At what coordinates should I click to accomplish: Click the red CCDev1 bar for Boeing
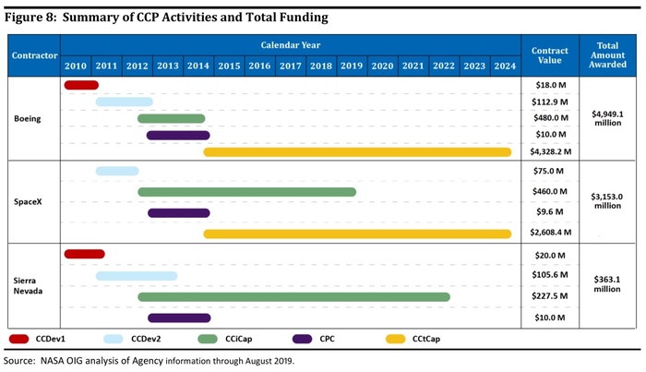(x=81, y=85)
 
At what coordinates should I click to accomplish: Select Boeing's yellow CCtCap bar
(x=357, y=152)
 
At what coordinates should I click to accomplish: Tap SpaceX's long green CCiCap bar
(x=247, y=192)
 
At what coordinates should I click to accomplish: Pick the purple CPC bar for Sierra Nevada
(x=179, y=318)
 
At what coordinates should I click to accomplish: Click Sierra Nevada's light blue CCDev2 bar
(x=137, y=275)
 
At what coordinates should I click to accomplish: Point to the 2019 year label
(x=351, y=66)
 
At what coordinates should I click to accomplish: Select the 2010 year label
(x=77, y=66)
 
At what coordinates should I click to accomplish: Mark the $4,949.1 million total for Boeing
(x=608, y=118)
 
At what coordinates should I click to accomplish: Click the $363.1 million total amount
(x=608, y=284)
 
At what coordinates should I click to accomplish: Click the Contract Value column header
(x=550, y=55)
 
